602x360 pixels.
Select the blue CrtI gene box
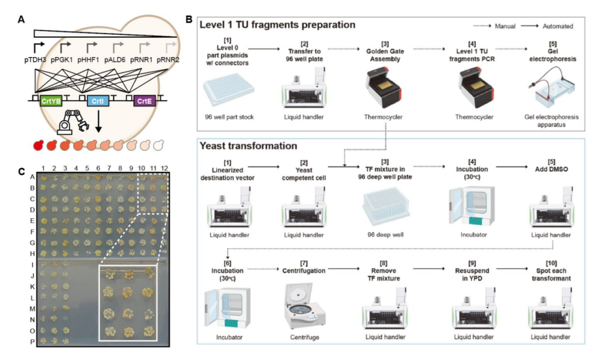(96, 101)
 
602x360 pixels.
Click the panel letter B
(189, 19)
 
